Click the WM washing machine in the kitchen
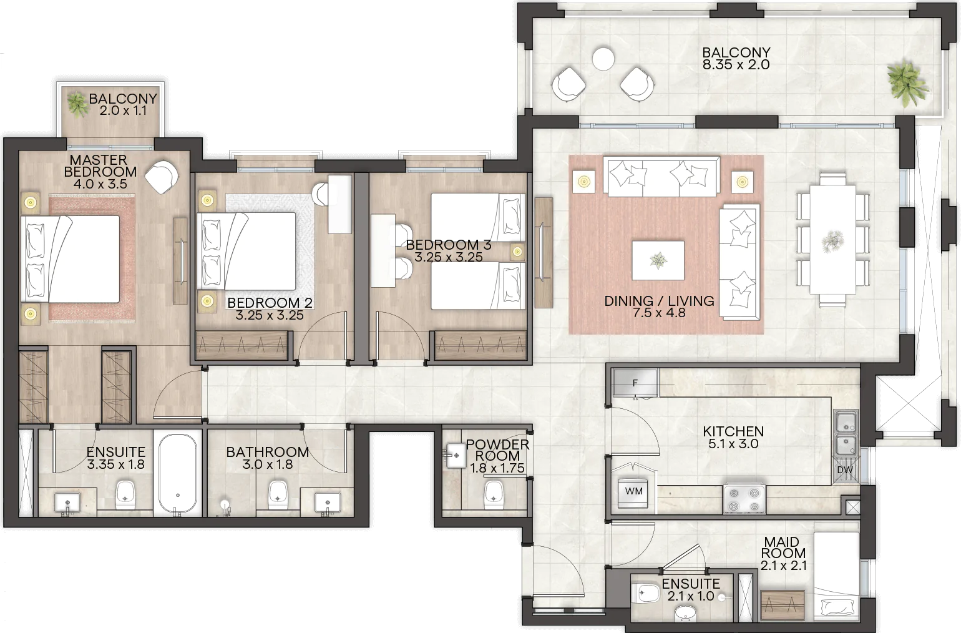(x=633, y=493)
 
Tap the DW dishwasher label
(x=845, y=469)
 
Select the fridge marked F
(x=635, y=383)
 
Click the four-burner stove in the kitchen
(x=744, y=499)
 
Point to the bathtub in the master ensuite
(x=178, y=473)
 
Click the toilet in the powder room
(x=494, y=494)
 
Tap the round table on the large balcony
(x=603, y=58)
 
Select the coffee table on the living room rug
(x=658, y=260)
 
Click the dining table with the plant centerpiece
(x=832, y=240)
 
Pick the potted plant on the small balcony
(x=77, y=104)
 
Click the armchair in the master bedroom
(x=161, y=177)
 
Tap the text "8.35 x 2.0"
(x=736, y=65)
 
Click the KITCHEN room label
(x=733, y=431)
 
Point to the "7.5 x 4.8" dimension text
(x=659, y=313)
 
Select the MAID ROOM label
(x=783, y=547)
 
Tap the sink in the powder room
(x=455, y=455)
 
